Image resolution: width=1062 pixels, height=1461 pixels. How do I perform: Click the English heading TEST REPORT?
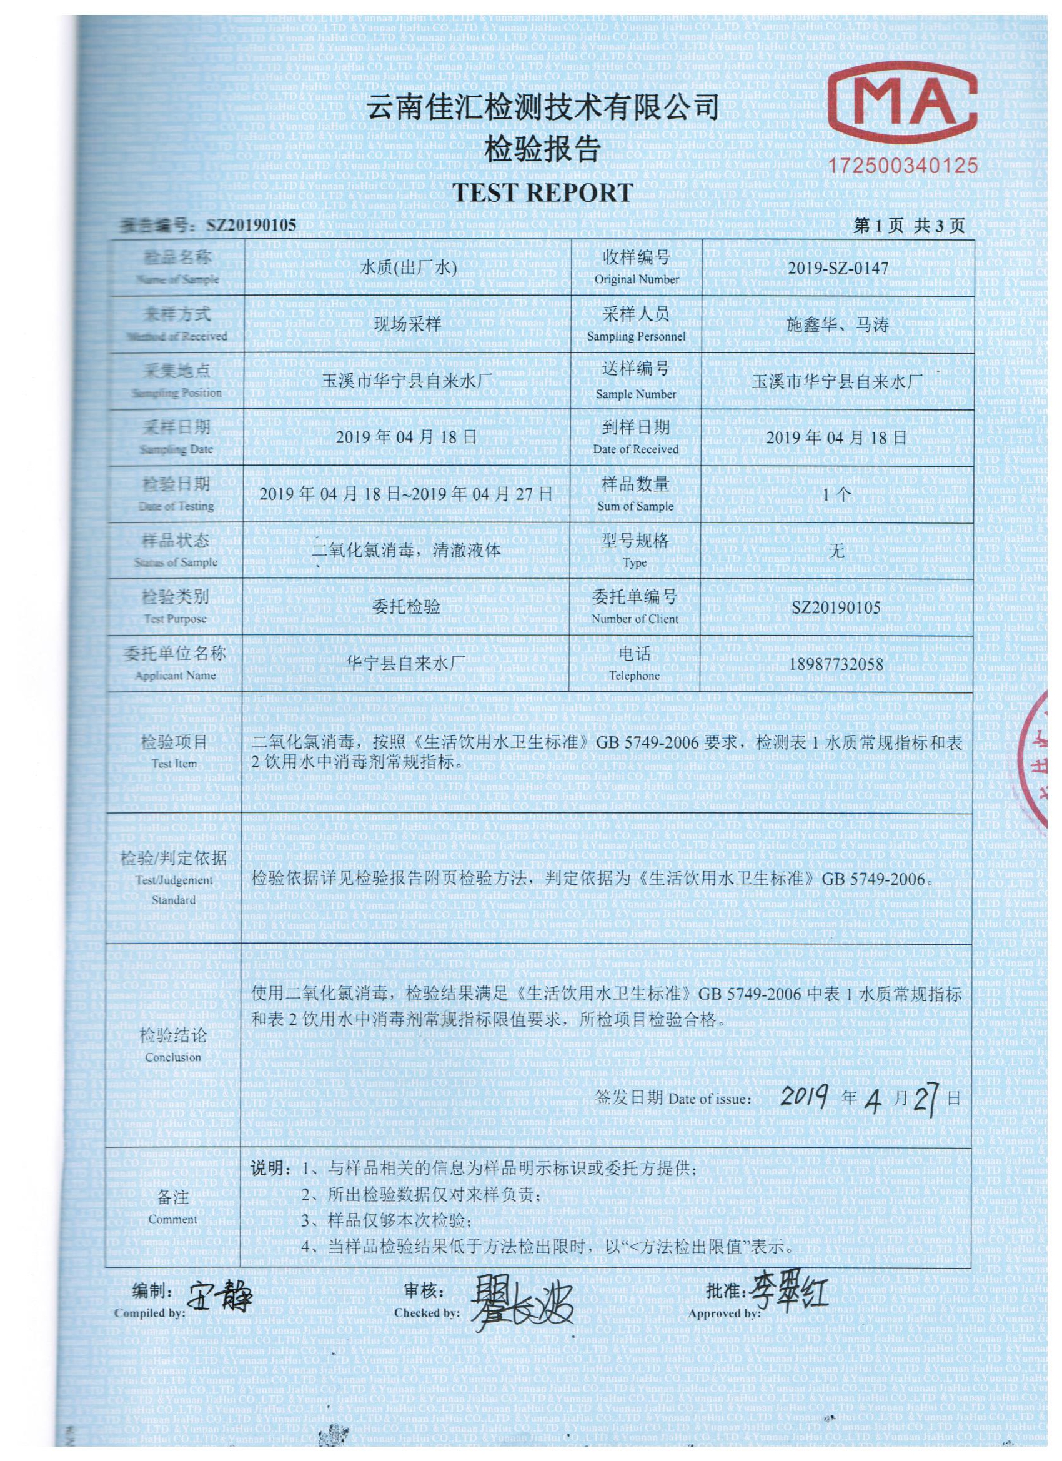coord(542,192)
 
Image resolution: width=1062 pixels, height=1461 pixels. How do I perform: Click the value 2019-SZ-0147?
coord(838,267)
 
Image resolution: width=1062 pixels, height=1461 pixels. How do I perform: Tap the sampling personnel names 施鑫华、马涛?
coord(838,324)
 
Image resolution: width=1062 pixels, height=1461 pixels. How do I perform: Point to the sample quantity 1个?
coord(838,494)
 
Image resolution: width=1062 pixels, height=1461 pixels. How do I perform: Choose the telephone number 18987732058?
coord(836,664)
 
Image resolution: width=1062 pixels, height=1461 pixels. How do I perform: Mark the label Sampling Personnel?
coord(637,336)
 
